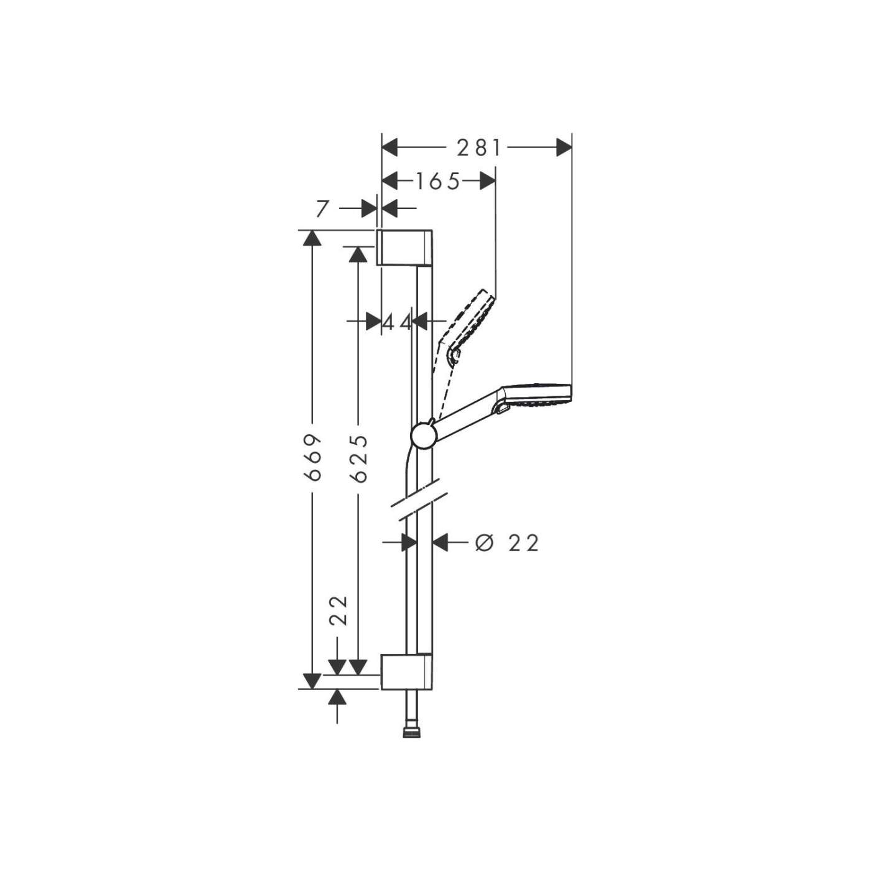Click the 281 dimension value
click(478, 148)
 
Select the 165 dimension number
click(438, 181)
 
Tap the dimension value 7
click(321, 209)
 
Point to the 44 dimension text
click(397, 322)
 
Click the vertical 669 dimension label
click(313, 457)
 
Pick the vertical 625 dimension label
click(358, 459)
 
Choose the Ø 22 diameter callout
click(506, 543)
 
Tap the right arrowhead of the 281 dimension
click(564, 148)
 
